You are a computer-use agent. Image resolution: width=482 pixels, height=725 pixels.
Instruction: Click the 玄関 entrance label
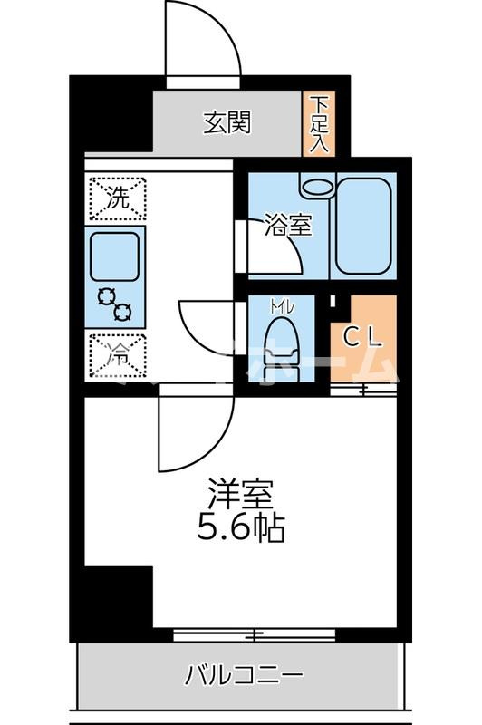point(227,122)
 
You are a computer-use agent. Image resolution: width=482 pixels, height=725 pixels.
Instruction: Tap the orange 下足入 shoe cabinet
point(318,123)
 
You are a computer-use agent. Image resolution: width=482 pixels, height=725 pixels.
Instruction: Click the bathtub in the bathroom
point(364,225)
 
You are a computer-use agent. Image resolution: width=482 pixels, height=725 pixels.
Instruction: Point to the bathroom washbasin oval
point(317,186)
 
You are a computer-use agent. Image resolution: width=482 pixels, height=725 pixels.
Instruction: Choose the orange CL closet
point(363,337)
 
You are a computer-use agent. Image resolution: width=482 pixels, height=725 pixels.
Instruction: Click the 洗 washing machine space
point(117,198)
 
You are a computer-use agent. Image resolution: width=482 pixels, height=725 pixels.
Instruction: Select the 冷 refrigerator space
point(117,354)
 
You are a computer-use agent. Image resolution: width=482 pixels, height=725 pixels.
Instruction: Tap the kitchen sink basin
point(115,255)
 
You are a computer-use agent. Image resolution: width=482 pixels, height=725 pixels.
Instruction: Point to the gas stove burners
point(115,304)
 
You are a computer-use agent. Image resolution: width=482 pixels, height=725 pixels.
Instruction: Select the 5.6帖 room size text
point(241,527)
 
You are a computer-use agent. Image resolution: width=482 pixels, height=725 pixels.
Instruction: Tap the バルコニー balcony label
point(245,675)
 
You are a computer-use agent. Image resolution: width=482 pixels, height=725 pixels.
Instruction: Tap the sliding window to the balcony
point(254,635)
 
